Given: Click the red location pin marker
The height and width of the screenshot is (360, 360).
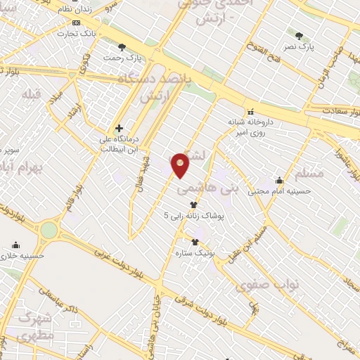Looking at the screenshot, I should [x=181, y=165].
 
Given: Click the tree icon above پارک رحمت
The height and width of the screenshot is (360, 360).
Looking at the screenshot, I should [x=122, y=47].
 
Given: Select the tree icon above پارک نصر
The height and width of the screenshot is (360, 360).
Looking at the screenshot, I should [x=300, y=36].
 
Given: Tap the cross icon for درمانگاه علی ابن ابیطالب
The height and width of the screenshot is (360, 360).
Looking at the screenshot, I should [x=119, y=128].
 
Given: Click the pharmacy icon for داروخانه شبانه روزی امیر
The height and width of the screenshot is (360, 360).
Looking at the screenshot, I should [x=250, y=110].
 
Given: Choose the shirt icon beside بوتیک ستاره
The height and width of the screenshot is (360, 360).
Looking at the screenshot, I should [x=194, y=242].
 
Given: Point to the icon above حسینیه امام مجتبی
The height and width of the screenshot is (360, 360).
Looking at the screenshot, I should [x=279, y=180].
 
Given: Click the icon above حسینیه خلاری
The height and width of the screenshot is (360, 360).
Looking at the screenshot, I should [x=15, y=245].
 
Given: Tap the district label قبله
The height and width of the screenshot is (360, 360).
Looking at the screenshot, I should [x=32, y=94].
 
